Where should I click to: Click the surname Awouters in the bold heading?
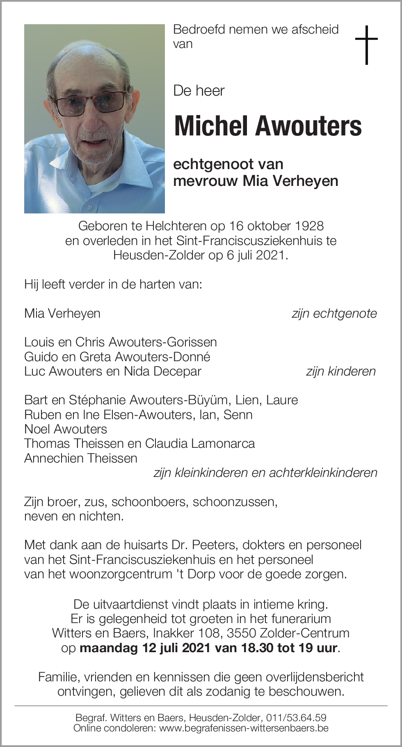point(309,126)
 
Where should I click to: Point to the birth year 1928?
point(309,226)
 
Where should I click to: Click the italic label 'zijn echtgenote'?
point(334,313)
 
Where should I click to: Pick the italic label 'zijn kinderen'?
point(340,371)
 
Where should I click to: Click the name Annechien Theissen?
point(81,458)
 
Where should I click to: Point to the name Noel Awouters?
point(66,429)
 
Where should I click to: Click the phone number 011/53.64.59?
point(296,717)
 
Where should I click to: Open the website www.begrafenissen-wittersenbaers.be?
point(244,728)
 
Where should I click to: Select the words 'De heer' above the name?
point(199,90)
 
